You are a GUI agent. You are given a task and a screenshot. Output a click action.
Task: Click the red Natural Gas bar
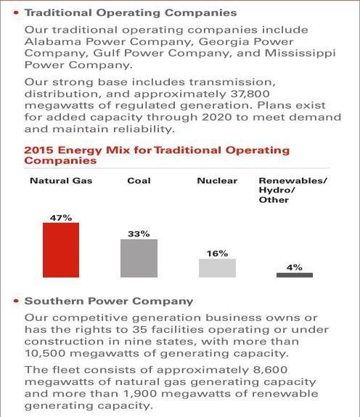pos(61,250)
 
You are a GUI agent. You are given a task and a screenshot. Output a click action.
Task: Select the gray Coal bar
pos(139,258)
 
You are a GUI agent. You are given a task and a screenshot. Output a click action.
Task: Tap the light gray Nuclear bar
pos(217,268)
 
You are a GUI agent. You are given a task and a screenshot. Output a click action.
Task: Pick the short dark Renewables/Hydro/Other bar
pos(295,275)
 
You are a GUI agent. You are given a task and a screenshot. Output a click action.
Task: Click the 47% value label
pos(61,218)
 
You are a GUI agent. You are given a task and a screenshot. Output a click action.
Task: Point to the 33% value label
pos(139,234)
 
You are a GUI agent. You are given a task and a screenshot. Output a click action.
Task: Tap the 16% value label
pos(217,254)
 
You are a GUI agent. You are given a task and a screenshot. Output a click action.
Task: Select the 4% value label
pos(295,267)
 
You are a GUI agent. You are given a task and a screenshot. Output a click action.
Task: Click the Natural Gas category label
pos(61,181)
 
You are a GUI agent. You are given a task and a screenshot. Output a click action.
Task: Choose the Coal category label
pos(139,181)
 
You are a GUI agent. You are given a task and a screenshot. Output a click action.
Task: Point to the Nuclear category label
pos(217,181)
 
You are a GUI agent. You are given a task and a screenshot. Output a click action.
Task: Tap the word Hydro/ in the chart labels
pos(277,190)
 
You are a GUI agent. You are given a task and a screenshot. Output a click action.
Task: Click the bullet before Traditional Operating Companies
pos(17,12)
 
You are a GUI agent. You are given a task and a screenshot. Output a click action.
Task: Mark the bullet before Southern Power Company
pos(17,301)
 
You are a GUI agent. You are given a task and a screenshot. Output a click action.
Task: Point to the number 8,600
pos(268,370)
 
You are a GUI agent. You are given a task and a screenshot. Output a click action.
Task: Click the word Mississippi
pos(300,54)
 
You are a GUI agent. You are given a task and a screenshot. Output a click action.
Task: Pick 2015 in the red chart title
pos(38,150)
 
